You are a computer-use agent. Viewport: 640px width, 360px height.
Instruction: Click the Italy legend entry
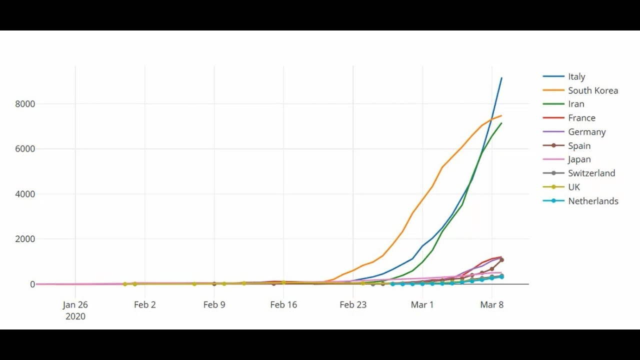pyautogui.click(x=576, y=76)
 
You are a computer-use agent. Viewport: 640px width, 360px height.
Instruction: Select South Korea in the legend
pyautogui.click(x=592, y=90)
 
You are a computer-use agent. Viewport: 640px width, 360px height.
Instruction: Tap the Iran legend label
pyautogui.click(x=576, y=104)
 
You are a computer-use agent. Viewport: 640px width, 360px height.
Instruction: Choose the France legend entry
pyautogui.click(x=581, y=118)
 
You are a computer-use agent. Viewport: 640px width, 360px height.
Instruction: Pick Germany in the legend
pyautogui.click(x=586, y=132)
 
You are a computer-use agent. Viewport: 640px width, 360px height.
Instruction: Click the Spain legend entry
pyautogui.click(x=579, y=146)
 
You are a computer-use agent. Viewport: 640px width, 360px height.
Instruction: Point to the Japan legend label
pyautogui.click(x=579, y=159)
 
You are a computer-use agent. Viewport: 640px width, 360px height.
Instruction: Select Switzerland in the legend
pyautogui.click(x=591, y=173)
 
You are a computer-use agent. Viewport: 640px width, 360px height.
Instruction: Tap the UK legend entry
pyautogui.click(x=574, y=187)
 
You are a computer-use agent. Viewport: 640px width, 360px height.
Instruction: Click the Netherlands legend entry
pyautogui.click(x=593, y=201)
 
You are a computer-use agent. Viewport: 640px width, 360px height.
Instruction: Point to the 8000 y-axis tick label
pyautogui.click(x=25, y=104)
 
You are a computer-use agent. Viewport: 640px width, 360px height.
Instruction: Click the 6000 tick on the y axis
pyautogui.click(x=25, y=149)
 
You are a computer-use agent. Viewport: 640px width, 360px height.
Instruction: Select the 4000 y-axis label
pyautogui.click(x=25, y=194)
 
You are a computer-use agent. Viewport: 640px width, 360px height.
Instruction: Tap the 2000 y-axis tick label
pyautogui.click(x=25, y=239)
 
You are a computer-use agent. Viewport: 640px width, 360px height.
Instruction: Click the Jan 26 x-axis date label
pyautogui.click(x=75, y=305)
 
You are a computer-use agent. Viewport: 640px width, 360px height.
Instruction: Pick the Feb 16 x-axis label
pyautogui.click(x=283, y=305)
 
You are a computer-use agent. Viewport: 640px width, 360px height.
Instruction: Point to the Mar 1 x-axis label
pyautogui.click(x=422, y=305)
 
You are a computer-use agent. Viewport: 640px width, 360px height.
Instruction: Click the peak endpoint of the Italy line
pyautogui.click(x=501, y=78)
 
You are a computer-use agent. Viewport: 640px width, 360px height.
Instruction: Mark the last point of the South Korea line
pyautogui.click(x=501, y=116)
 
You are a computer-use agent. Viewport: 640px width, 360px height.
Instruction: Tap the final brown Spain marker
pyautogui.click(x=501, y=260)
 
